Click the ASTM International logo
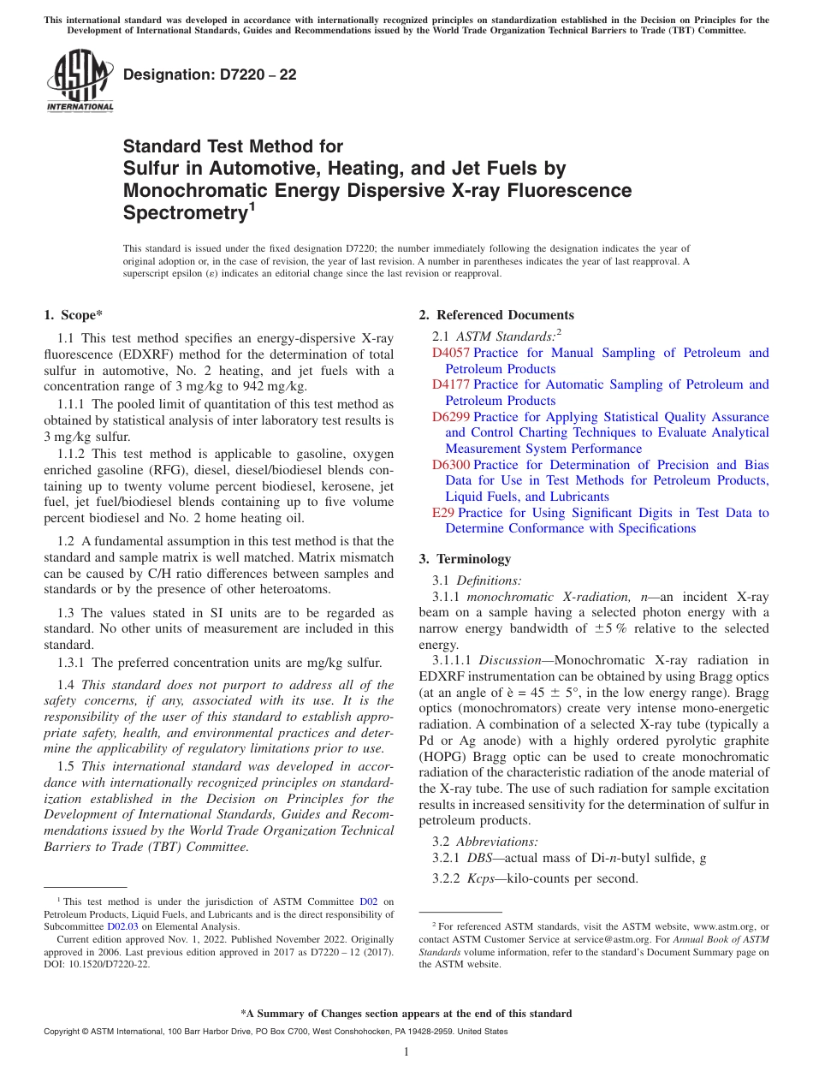[x=80, y=81]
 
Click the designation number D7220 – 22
[x=210, y=75]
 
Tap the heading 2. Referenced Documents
[x=496, y=315]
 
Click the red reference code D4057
[x=451, y=353]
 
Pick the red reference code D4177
[x=451, y=384]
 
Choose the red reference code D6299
[x=451, y=417]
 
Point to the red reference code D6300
[x=451, y=465]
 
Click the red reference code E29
[x=443, y=513]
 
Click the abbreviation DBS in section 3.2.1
[x=479, y=858]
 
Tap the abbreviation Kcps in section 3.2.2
[x=483, y=878]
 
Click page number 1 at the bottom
[x=406, y=1052]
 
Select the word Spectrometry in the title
[x=183, y=212]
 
